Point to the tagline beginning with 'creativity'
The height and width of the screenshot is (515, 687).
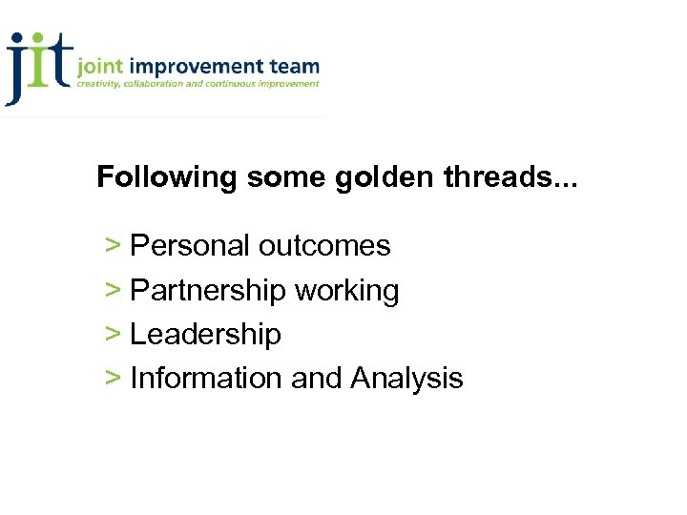pyautogui.click(x=198, y=84)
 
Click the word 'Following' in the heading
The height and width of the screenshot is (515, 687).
pyautogui.click(x=166, y=177)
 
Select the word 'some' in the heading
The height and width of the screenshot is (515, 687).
pyautogui.click(x=284, y=177)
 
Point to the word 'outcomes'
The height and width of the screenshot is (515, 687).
pyautogui.click(x=324, y=246)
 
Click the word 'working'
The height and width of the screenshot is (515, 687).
pyautogui.click(x=347, y=291)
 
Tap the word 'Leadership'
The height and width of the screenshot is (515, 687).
pyautogui.click(x=205, y=335)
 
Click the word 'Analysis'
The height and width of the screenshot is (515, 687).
pyautogui.click(x=406, y=379)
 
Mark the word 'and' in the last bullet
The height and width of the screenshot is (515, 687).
pyautogui.click(x=317, y=379)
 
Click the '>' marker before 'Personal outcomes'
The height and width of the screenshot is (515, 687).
pyautogui.click(x=113, y=246)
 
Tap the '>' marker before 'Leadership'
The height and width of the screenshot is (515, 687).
pyautogui.click(x=113, y=335)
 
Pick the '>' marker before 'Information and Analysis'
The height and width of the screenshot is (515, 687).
pyautogui.click(x=113, y=379)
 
